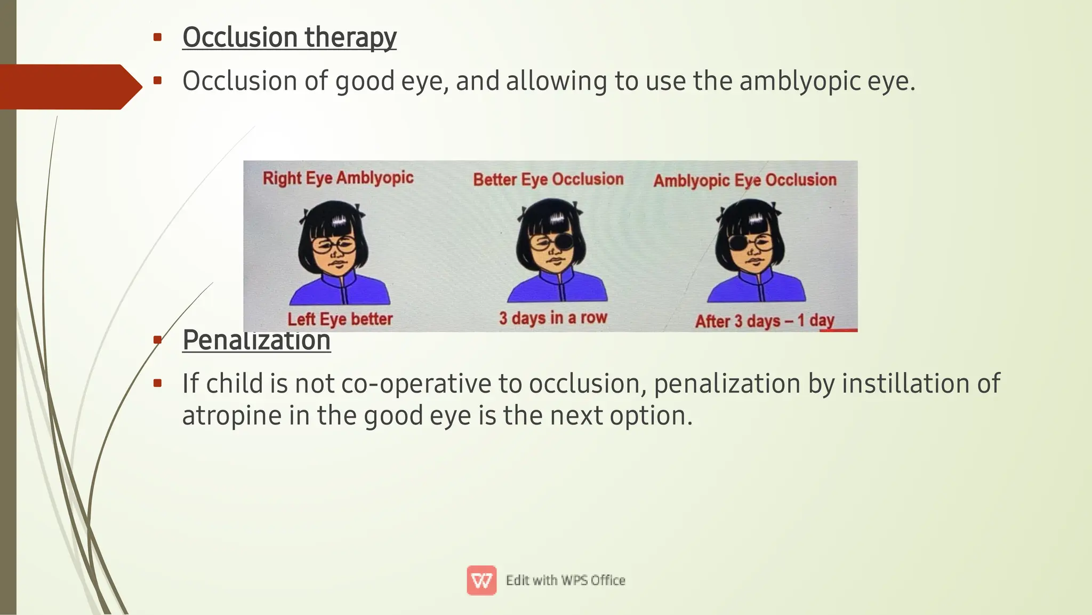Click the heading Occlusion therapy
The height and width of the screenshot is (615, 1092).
(289, 37)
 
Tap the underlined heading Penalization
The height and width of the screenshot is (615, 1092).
(256, 340)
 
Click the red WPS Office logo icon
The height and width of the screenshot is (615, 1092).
(481, 580)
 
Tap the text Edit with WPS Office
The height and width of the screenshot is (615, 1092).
(565, 580)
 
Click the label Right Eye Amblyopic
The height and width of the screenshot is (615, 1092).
(338, 178)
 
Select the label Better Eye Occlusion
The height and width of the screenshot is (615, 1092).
(548, 179)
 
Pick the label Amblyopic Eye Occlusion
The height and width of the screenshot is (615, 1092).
(745, 180)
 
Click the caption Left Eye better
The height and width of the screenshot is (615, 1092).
(340, 319)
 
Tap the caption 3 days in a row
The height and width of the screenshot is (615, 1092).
(553, 318)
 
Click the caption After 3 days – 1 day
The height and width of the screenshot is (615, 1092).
(764, 321)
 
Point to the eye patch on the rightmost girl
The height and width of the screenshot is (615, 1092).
(738, 243)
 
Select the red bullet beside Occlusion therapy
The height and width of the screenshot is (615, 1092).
(157, 37)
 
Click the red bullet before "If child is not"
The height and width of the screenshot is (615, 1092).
(157, 383)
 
